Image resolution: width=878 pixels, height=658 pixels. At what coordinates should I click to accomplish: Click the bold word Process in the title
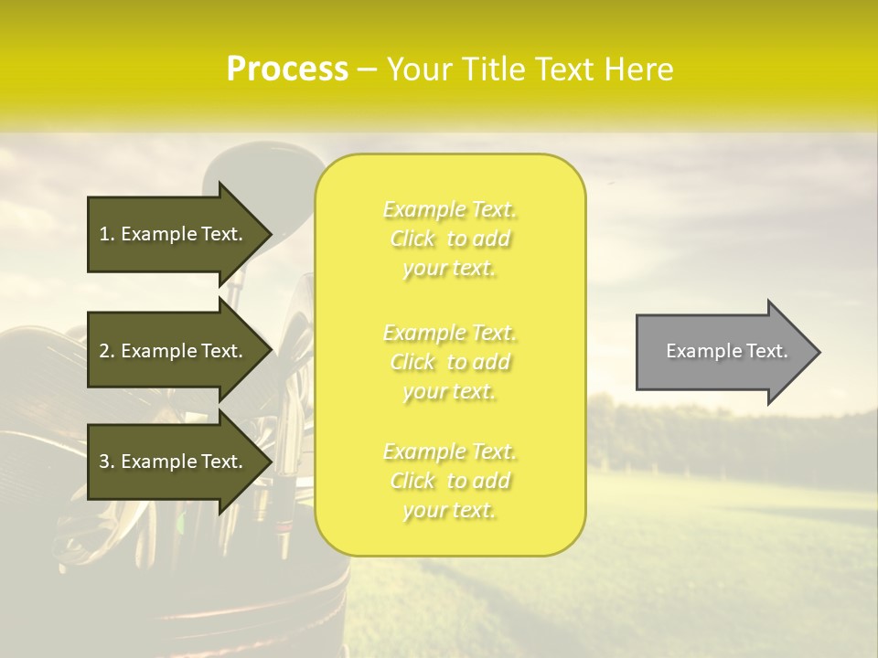[x=287, y=69]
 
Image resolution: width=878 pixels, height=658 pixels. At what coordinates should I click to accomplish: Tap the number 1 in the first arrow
[x=104, y=234]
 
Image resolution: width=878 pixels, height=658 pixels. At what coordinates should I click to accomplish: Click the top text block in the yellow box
[x=450, y=239]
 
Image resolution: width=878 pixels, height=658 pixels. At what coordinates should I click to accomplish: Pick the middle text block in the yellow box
[x=450, y=362]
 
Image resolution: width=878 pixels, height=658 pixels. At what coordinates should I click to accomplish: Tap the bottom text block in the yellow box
[x=450, y=481]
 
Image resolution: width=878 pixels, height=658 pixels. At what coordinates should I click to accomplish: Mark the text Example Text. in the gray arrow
[x=726, y=351]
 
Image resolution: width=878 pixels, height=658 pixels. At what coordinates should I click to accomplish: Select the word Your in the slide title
[x=419, y=69]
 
